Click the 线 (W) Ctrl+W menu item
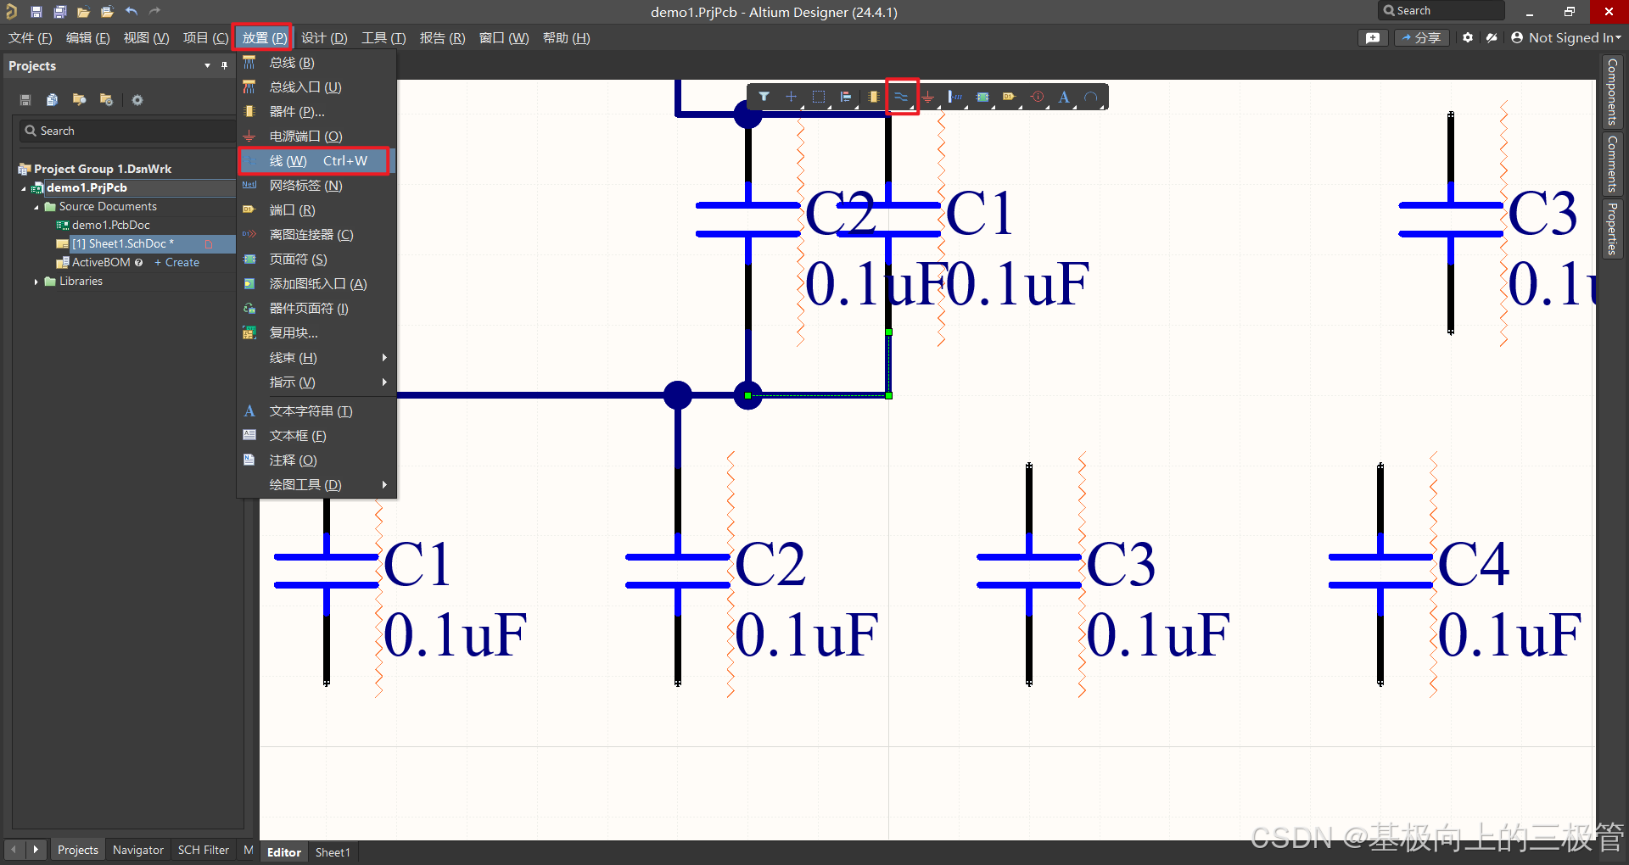click(315, 161)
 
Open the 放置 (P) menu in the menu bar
click(263, 38)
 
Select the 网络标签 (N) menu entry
click(305, 186)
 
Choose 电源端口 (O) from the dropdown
click(305, 137)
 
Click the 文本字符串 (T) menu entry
click(311, 411)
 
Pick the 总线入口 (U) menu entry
click(305, 87)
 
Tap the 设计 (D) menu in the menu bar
click(324, 38)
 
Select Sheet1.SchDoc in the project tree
click(123, 244)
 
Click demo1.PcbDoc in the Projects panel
click(110, 226)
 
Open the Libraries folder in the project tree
click(81, 282)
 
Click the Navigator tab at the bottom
click(138, 850)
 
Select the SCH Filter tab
click(204, 850)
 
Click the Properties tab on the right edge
click(1612, 228)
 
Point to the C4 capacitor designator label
click(1474, 564)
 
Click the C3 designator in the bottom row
click(1121, 564)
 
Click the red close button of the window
click(1609, 12)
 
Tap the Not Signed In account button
click(1566, 38)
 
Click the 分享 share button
click(1421, 38)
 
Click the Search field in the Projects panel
click(127, 131)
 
